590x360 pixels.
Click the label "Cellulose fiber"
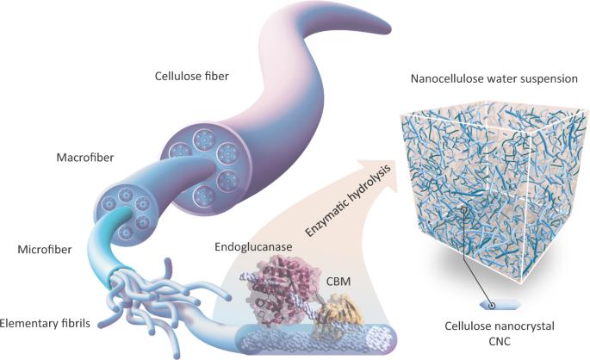191,77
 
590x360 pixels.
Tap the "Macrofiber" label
85,158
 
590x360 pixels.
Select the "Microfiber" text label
45,249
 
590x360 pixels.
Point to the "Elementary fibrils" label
45,323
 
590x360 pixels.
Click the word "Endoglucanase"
253,247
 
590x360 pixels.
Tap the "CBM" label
338,281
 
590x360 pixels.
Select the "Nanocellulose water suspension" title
494,79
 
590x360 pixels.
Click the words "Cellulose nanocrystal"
500,326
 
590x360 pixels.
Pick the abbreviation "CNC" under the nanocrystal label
500,341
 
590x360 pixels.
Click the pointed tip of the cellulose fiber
390,29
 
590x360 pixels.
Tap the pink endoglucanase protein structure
277,289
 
